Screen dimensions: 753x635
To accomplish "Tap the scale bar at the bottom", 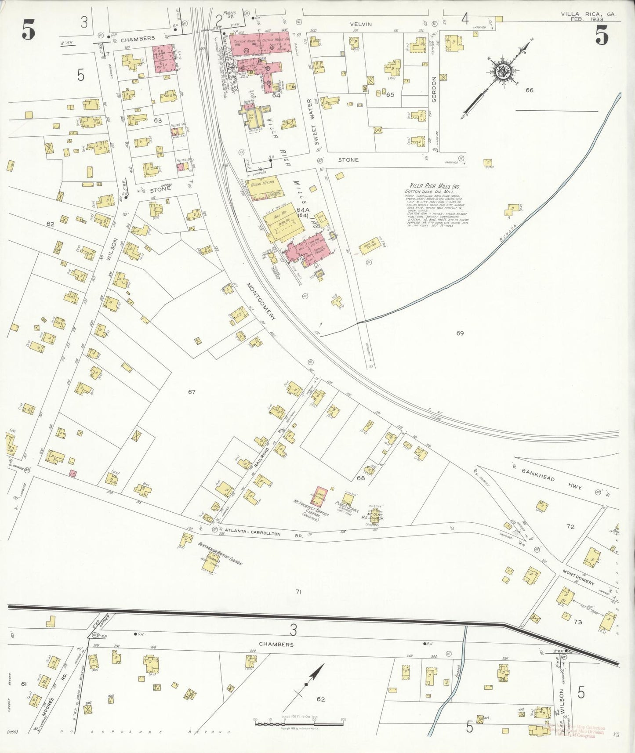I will (299, 723).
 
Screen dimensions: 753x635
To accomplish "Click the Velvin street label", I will (361, 24).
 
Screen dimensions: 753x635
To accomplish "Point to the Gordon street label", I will (434, 90).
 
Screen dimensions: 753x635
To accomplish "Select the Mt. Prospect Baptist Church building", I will (322, 496).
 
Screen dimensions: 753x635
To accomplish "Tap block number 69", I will (460, 333).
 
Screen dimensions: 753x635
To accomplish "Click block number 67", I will (192, 391).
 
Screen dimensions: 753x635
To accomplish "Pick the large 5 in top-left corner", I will (29, 31).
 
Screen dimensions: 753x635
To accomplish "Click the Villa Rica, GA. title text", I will (588, 14).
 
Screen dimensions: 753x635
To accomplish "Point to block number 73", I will (577, 622).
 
